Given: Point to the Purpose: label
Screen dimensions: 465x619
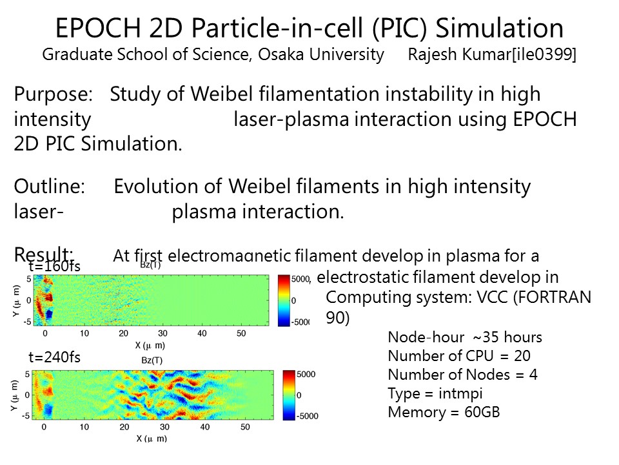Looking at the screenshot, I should tap(54, 94).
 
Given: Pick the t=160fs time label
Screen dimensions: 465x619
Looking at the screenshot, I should tap(55, 265).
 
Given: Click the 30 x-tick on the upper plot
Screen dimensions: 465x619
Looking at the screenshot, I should tap(163, 333).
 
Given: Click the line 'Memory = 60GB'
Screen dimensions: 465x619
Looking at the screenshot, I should tap(444, 412).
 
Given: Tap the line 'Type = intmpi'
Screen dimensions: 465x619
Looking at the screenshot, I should tap(435, 393).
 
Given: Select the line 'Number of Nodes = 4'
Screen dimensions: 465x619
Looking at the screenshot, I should tap(462, 375).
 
